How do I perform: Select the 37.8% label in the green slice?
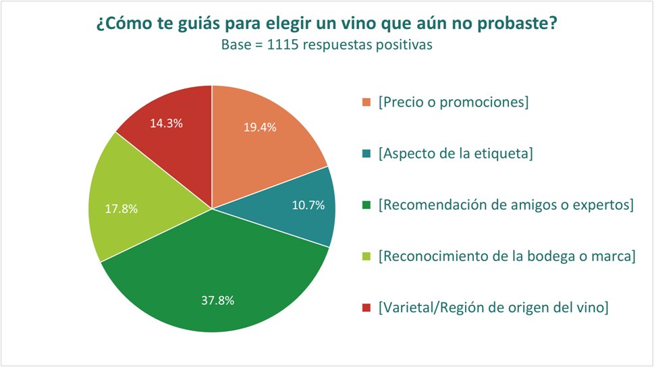pyautogui.click(x=217, y=300)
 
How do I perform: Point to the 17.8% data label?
pyautogui.click(x=121, y=208)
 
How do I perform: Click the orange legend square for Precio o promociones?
pyautogui.click(x=366, y=103)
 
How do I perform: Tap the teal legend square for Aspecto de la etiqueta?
pyautogui.click(x=366, y=154)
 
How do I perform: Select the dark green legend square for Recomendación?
pyautogui.click(x=366, y=205)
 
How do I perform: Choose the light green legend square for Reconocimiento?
pyautogui.click(x=366, y=256)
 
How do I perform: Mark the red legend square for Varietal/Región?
pyautogui.click(x=366, y=308)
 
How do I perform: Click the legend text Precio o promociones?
pyautogui.click(x=453, y=103)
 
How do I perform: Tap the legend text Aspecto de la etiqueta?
pyautogui.click(x=456, y=154)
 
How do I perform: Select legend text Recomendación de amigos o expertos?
pyautogui.click(x=506, y=205)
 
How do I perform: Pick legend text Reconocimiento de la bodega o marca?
pyautogui.click(x=507, y=256)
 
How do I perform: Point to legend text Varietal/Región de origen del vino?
pyautogui.click(x=494, y=308)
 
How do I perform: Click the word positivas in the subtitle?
pyautogui.click(x=408, y=45)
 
